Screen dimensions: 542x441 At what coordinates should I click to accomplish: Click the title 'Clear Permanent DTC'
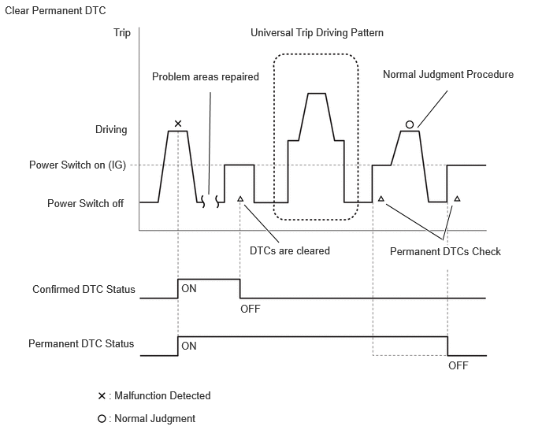(55, 11)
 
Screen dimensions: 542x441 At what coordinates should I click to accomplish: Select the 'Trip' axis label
(122, 33)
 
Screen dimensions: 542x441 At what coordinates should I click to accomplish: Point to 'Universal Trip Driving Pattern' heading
(317, 33)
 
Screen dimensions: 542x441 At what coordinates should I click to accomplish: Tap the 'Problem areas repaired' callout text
(206, 76)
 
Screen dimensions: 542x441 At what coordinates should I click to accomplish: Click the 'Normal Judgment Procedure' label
(448, 74)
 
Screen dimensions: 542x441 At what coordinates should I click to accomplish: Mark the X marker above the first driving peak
(178, 124)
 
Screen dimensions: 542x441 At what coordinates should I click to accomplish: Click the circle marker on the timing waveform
(410, 124)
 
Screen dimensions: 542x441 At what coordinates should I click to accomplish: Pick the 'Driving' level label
(111, 130)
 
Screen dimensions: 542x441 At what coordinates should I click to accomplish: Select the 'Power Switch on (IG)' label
(77, 165)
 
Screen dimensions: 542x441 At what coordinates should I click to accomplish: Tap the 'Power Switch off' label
(85, 203)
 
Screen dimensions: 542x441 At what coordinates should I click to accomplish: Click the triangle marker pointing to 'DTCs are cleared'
(240, 198)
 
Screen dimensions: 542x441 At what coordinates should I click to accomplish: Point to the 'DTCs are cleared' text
(290, 250)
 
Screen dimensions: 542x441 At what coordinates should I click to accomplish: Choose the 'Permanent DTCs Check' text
(445, 251)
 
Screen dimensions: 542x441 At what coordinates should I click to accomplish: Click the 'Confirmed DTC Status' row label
(84, 289)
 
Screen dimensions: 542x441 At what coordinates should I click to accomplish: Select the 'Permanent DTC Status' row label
(81, 343)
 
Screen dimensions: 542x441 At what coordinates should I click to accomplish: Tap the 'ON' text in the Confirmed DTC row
(189, 288)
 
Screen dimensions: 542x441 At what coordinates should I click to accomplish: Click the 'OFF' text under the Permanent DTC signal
(458, 365)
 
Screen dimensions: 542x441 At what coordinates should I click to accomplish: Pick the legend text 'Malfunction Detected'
(162, 395)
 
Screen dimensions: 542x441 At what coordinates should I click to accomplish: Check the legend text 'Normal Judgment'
(155, 418)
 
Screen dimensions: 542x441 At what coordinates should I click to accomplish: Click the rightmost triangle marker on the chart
(457, 198)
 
